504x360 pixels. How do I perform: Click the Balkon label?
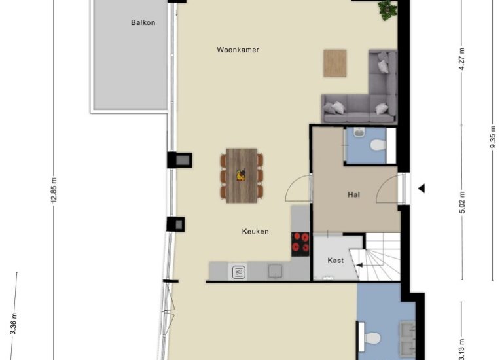click(143, 22)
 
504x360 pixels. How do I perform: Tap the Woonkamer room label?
click(238, 50)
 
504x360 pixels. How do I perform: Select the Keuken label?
click(255, 232)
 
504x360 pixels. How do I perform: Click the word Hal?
click(353, 194)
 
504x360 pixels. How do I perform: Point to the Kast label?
click(336, 261)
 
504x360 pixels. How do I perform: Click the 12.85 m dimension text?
click(54, 190)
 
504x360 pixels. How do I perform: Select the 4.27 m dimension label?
click(462, 59)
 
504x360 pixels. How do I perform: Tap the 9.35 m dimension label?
click(493, 137)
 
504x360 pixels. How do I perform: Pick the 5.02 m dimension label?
click(462, 202)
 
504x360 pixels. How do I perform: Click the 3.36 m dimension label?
click(14, 323)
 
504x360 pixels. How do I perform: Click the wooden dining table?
click(242, 175)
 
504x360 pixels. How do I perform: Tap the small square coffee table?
click(335, 63)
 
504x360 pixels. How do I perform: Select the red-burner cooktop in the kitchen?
click(300, 244)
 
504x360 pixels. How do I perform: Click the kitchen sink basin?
click(276, 271)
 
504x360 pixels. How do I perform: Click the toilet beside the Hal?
click(378, 145)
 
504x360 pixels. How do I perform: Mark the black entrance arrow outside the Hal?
click(422, 189)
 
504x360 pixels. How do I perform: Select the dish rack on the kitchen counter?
click(238, 272)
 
